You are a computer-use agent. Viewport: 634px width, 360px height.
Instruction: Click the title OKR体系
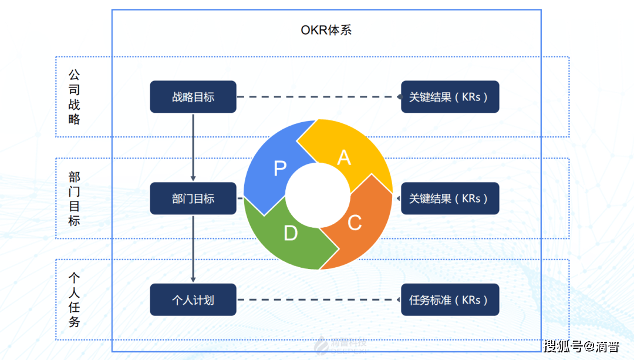(x=326, y=30)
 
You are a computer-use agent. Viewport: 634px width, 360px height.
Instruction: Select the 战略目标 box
(x=193, y=97)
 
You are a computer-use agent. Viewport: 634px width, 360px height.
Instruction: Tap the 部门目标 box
(x=193, y=198)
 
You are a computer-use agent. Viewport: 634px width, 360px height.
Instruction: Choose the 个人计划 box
(x=193, y=300)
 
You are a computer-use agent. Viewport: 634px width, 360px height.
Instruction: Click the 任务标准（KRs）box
(x=450, y=300)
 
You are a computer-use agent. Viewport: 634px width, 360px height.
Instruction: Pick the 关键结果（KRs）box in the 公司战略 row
(x=450, y=97)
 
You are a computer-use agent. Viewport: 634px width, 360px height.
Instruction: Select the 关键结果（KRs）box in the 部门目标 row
(x=450, y=198)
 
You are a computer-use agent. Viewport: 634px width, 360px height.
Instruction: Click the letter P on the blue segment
(x=280, y=169)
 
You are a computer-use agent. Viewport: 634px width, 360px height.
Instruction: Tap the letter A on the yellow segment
(x=344, y=157)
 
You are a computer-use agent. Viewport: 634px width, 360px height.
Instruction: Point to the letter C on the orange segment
(x=355, y=223)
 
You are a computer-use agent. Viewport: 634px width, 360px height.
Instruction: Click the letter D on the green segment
(x=291, y=233)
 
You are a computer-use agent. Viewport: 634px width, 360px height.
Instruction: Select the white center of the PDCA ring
(x=318, y=196)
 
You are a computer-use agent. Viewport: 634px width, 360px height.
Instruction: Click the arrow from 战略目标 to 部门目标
(x=193, y=147)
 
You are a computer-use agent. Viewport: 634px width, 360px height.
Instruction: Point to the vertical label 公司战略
(x=74, y=97)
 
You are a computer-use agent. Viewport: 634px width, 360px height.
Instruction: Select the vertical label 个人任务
(x=74, y=300)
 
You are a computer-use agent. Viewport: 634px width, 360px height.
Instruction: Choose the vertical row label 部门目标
(x=74, y=198)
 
